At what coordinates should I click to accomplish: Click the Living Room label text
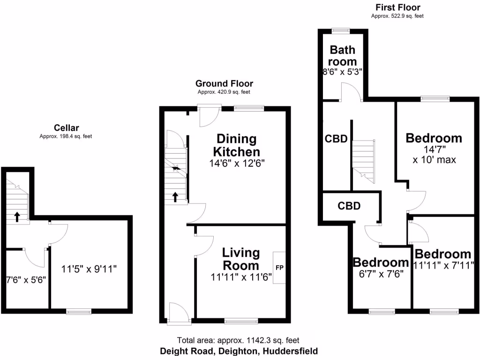[x=241, y=259]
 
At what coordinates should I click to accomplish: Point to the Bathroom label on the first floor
[x=342, y=55]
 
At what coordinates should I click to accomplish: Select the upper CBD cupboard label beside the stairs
[x=336, y=139]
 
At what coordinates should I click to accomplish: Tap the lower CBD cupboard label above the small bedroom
[x=349, y=205]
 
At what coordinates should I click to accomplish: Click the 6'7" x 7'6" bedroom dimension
[x=381, y=274]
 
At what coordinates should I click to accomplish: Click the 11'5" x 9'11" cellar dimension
[x=89, y=269]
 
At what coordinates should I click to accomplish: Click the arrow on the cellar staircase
[x=17, y=217]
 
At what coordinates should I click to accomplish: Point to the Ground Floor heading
[x=224, y=84]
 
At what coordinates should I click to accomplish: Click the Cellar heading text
[x=66, y=127]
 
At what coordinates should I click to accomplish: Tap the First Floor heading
[x=397, y=7]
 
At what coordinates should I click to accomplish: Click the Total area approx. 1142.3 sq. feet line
[x=238, y=340]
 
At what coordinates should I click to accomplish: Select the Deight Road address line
[x=239, y=351]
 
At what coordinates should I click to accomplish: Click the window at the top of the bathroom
[x=341, y=31]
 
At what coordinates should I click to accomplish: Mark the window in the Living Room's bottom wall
[x=241, y=321]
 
